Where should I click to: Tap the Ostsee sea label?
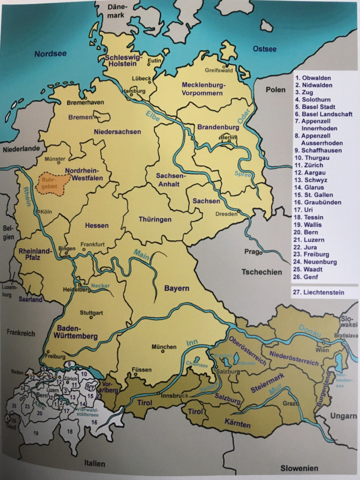[265, 49]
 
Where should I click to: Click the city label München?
[164, 347]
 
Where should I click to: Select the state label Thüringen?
[155, 219]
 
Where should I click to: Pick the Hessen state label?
[97, 225]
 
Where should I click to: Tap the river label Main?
[141, 252]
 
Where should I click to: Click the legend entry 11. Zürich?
[309, 165]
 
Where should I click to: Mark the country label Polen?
[276, 89]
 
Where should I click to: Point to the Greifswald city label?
[219, 70]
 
